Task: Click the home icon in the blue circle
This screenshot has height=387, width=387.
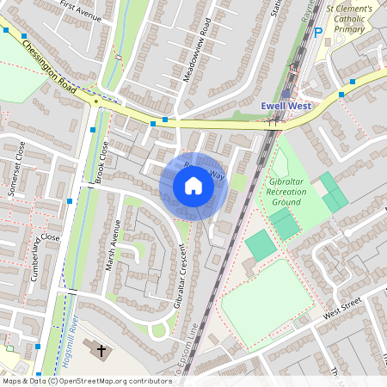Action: pos(193,186)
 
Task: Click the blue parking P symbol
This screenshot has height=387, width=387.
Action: pos(318,33)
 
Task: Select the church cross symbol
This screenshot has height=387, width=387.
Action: pos(101,350)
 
